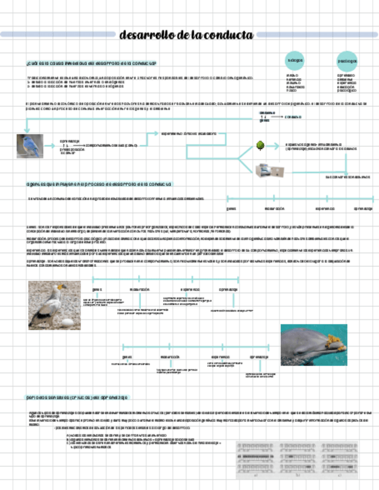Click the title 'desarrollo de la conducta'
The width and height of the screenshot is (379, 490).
click(186, 35)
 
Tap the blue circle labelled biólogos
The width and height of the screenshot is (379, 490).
click(295, 60)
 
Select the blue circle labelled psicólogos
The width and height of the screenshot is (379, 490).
click(347, 61)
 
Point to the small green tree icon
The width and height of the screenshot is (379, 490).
click(261, 146)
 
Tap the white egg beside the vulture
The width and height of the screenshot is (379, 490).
click(67, 322)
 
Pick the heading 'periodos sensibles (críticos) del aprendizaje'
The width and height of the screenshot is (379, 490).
click(77, 398)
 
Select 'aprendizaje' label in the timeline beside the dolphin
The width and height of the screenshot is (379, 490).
click(259, 357)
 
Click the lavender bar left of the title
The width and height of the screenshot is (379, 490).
click(58, 35)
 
